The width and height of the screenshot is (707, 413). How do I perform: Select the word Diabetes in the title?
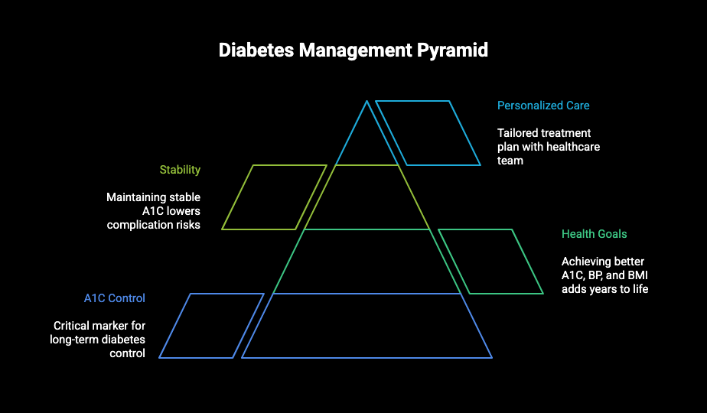coord(256,50)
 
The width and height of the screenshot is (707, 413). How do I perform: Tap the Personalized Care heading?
coord(543,106)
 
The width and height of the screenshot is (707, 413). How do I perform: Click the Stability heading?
coord(180,170)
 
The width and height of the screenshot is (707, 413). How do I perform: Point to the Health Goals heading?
coord(594,234)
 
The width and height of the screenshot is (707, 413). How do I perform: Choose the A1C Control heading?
coord(115,298)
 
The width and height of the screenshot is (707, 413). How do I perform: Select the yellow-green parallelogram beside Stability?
coord(274,197)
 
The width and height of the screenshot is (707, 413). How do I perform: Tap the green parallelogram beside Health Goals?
coord(490,262)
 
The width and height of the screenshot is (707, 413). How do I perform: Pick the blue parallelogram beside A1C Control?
coord(211,326)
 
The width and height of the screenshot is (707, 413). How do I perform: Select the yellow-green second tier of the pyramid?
coord(367,197)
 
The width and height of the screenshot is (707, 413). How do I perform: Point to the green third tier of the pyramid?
coord(367,262)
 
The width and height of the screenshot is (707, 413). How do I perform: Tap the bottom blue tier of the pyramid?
coord(367,326)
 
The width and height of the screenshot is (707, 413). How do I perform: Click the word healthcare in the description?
coord(573,147)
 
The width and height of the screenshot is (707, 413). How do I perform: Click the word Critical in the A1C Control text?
coord(71,326)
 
